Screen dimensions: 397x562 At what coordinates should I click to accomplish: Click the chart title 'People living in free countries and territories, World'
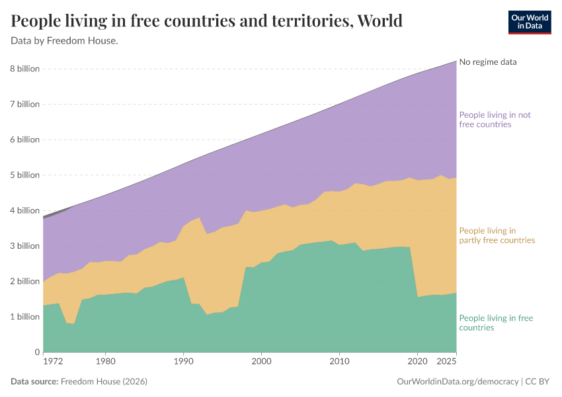(x=206, y=21)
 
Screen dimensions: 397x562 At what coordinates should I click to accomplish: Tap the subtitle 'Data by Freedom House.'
(x=65, y=40)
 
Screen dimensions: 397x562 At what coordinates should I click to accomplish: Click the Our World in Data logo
(x=529, y=22)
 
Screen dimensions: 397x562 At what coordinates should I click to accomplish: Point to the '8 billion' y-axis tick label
(x=24, y=69)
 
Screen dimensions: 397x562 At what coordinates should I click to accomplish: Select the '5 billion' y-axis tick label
(x=24, y=175)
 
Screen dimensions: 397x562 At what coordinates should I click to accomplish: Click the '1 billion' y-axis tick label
(x=24, y=317)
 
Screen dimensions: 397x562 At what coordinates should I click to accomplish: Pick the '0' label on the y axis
(x=36, y=352)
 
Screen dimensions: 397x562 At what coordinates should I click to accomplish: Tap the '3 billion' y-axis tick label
(x=24, y=246)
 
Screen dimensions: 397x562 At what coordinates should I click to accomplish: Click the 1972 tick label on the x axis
(x=53, y=363)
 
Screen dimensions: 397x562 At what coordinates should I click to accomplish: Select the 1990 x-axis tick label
(x=183, y=363)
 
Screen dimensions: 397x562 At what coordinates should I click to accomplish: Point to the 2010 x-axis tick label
(x=339, y=363)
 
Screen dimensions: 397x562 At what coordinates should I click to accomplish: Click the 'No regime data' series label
(x=488, y=62)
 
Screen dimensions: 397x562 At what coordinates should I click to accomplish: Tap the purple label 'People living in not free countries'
(x=495, y=120)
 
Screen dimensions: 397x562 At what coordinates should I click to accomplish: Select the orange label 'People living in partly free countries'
(x=497, y=236)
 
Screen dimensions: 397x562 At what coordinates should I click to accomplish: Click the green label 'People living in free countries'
(x=496, y=323)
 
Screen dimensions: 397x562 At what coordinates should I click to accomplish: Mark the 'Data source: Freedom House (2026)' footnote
(x=79, y=382)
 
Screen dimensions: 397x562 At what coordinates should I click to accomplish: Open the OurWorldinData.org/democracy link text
(x=457, y=382)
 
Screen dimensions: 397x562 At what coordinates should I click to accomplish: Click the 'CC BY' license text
(x=538, y=382)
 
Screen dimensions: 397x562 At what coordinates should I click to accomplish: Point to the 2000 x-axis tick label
(x=261, y=363)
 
